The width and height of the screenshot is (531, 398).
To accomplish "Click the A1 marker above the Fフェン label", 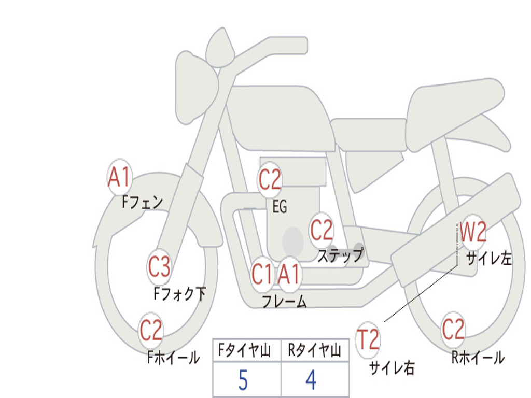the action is coord(120,177).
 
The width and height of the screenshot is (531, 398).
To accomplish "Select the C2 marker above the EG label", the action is coord(270,180).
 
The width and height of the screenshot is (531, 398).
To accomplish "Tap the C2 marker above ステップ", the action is coord(322,230).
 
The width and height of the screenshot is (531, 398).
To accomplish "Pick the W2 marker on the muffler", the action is coord(473,232).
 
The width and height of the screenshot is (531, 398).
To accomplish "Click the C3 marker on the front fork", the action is coord(159,267).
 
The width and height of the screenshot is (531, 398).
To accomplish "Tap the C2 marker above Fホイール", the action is coord(151,331).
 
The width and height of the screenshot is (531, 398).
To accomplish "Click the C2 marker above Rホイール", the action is coord(453,329).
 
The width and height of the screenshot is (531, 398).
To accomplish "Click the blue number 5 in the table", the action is coord(243,380).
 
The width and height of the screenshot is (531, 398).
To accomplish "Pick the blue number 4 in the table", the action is coord(311,380).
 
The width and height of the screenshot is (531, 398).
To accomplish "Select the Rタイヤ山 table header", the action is coord(314,351).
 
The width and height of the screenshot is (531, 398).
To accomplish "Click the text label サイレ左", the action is coord(488,259).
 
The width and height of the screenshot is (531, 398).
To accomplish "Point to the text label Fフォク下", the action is coord(179,294).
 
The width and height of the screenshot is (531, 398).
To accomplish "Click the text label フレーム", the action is coord(284,302).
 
